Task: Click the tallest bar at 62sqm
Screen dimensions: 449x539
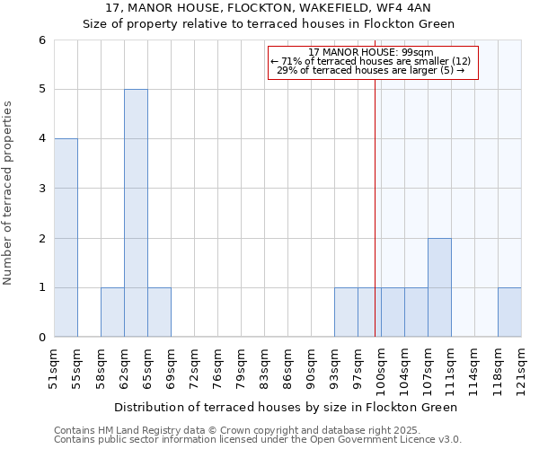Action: click(136, 213)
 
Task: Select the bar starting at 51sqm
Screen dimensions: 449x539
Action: click(66, 238)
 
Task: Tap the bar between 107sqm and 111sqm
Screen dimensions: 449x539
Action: click(439, 287)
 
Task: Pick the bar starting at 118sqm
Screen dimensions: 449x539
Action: click(509, 313)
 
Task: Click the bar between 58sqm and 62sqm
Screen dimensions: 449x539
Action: click(112, 313)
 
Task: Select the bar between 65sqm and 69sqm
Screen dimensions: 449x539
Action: click(159, 313)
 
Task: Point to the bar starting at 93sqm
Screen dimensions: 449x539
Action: click(346, 313)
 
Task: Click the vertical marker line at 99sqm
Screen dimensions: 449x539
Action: click(375, 198)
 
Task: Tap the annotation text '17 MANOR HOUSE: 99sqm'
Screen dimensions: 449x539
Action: click(370, 52)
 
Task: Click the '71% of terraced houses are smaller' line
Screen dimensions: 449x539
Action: click(370, 61)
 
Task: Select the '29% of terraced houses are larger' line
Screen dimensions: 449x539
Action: click(370, 70)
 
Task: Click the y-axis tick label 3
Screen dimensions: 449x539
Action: click(41, 189)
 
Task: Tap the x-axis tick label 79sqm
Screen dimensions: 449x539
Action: click(241, 366)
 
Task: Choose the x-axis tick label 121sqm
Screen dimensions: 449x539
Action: click(521, 366)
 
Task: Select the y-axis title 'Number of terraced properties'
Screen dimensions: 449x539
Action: click(9, 193)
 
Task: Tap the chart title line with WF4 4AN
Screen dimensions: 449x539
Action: click(269, 7)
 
